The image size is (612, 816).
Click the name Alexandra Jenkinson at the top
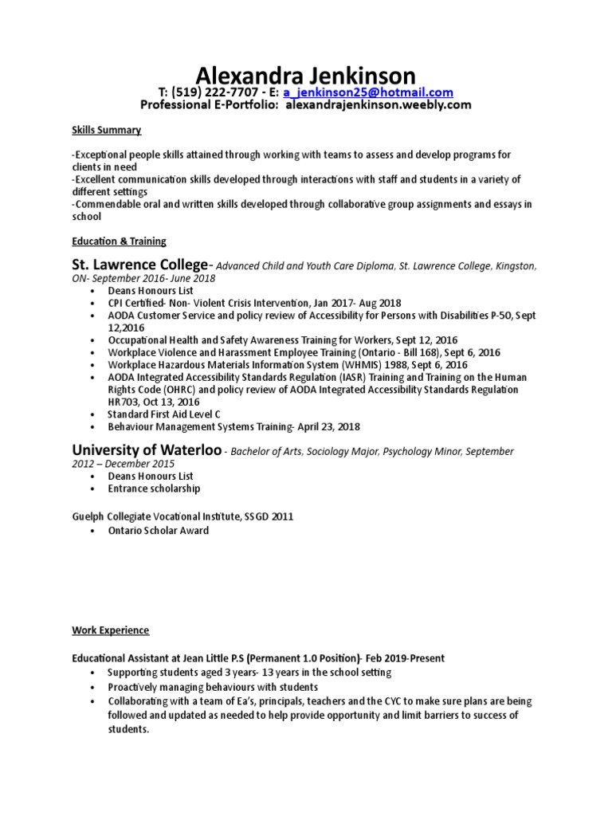pos(306,76)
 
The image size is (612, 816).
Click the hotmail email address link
pos(368,92)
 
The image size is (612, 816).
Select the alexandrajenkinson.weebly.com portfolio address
pos(379,105)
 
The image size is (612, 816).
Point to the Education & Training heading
pos(119,241)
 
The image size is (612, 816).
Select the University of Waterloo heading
pos(147,450)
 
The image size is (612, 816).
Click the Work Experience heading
pos(110,630)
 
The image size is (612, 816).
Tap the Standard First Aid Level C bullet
pos(164,415)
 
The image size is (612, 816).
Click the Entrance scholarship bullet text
pos(154,488)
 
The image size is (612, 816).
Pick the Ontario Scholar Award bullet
pos(159,531)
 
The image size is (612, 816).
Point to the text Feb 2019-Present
pos(402,658)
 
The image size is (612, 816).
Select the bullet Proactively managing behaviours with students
pos(213,687)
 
